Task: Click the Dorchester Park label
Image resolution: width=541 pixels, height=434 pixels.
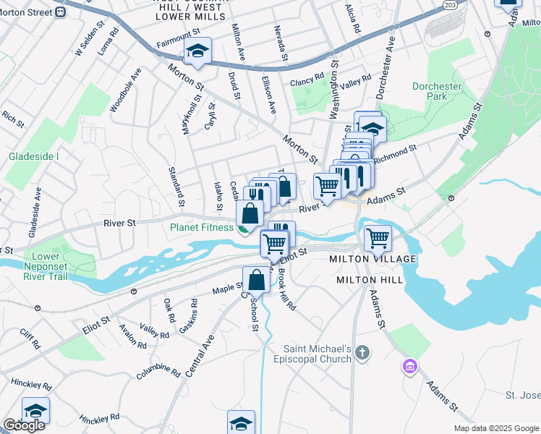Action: coord(437,91)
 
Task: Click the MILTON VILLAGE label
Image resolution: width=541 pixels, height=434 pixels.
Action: coord(372,259)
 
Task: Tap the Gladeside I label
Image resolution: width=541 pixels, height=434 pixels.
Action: coord(33,156)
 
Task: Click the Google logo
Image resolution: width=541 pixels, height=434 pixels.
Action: coord(24,425)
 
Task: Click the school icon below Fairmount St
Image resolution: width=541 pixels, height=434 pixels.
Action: coord(196,51)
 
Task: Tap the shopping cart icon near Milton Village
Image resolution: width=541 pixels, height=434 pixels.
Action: coord(378,237)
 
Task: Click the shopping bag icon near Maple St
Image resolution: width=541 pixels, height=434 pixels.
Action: coord(257,279)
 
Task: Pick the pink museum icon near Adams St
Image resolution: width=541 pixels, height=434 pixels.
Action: coord(410,367)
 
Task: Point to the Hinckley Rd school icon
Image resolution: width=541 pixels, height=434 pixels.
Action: coord(35,411)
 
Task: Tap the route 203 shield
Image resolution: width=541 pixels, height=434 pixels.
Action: coord(450,5)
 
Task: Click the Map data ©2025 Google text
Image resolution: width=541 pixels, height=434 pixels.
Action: coord(495,428)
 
